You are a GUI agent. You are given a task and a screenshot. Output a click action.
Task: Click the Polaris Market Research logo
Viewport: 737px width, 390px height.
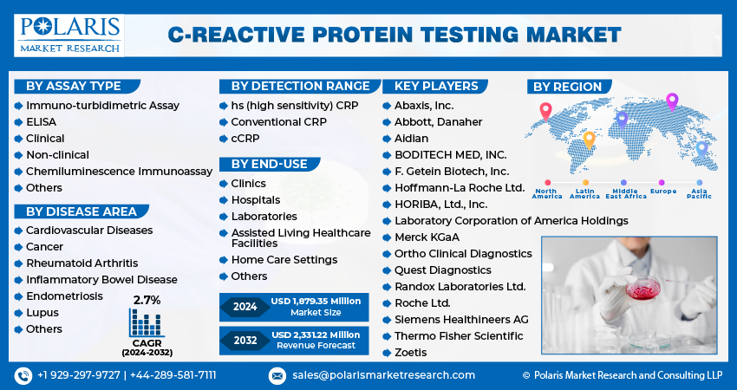click(69, 36)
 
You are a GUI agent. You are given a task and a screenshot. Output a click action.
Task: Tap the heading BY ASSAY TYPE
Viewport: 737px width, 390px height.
click(74, 86)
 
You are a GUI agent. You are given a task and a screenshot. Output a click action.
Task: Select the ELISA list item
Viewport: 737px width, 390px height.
click(41, 122)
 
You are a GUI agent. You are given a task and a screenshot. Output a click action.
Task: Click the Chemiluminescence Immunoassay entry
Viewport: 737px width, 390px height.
click(119, 172)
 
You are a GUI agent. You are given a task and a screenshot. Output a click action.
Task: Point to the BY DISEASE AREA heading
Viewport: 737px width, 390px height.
click(82, 211)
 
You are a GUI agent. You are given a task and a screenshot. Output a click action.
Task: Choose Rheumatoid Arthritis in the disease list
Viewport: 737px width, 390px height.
click(82, 263)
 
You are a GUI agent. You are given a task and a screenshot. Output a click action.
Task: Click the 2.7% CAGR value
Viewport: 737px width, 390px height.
click(147, 300)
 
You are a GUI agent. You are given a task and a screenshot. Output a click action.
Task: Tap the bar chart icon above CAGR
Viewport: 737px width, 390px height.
click(147, 322)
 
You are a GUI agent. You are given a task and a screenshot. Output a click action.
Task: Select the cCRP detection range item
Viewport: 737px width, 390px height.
click(245, 139)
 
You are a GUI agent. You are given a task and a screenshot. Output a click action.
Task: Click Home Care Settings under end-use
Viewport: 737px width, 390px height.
click(284, 260)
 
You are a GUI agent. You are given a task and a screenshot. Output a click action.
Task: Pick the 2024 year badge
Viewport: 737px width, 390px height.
click(245, 307)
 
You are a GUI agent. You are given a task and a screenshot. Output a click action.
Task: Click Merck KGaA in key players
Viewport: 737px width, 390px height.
click(427, 237)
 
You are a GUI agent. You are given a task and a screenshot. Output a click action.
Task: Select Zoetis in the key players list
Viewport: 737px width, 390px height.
click(410, 353)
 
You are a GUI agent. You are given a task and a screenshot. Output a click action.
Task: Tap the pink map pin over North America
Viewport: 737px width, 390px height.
click(545, 112)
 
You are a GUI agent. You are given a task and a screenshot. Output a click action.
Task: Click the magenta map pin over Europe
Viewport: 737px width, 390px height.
click(672, 102)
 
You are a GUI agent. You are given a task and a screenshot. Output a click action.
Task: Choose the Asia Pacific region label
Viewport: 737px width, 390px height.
click(699, 193)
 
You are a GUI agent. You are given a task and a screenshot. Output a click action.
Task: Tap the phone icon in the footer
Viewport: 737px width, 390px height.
click(23, 375)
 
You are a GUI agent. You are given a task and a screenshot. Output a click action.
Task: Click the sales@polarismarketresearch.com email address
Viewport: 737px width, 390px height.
click(383, 375)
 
